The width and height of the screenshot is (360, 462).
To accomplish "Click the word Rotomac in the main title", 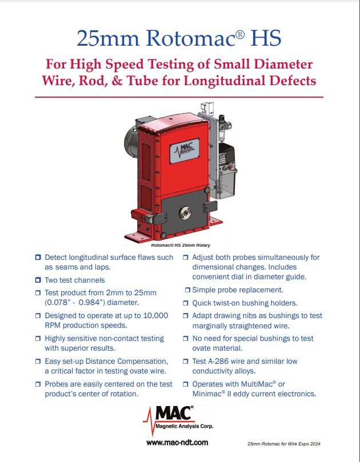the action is pos(195,38).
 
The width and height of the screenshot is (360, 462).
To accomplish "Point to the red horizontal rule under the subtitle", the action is pos(179,97).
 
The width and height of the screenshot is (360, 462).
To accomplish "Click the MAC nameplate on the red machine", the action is pos(185,151).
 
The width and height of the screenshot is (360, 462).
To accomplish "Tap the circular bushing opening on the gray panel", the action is pos(185,211).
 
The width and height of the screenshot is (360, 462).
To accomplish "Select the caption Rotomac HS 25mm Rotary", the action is pos(181,245).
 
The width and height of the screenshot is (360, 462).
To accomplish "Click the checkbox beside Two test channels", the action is pos(38,280).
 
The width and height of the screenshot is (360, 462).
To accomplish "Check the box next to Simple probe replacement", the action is pos(187,290).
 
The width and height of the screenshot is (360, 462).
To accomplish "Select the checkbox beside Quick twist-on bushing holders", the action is pos(186,303).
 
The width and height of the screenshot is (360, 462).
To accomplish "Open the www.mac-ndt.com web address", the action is pos(177,443).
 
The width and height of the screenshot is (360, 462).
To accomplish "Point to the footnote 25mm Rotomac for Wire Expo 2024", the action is pos(284,444).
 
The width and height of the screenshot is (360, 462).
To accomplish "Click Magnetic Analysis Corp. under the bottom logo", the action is pos(184,426).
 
